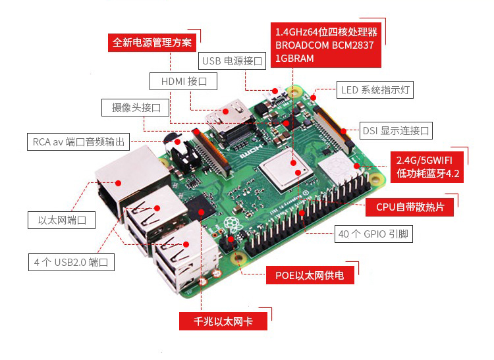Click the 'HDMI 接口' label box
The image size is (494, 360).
[183, 81]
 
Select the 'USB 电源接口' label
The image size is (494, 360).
[233, 61]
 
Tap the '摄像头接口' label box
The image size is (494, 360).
[136, 108]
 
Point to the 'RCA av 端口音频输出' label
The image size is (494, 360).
[78, 141]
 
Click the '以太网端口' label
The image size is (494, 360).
[61, 220]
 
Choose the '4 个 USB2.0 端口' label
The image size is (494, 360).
[71, 262]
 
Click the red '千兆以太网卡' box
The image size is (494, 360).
[223, 321]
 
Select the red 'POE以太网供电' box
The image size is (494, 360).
[310, 275]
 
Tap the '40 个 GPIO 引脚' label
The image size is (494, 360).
[373, 234]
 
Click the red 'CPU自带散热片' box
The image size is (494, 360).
[410, 207]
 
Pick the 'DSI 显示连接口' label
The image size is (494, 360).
[396, 130]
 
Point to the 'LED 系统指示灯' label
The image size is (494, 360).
[375, 90]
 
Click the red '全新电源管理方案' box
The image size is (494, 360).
[152, 43]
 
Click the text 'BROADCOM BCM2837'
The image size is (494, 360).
[325, 45]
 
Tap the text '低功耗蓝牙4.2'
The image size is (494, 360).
[428, 173]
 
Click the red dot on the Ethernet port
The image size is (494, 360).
[118, 183]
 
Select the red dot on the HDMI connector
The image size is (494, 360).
[225, 111]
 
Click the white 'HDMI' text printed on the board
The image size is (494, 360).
[251, 151]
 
